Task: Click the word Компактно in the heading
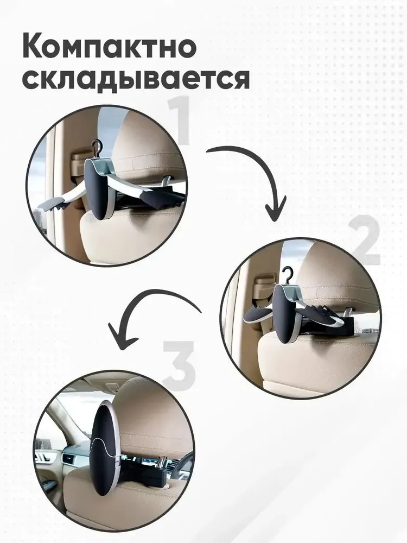[x=110, y=47]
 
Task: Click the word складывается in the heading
[x=136, y=79]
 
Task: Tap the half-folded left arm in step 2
[x=259, y=314]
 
